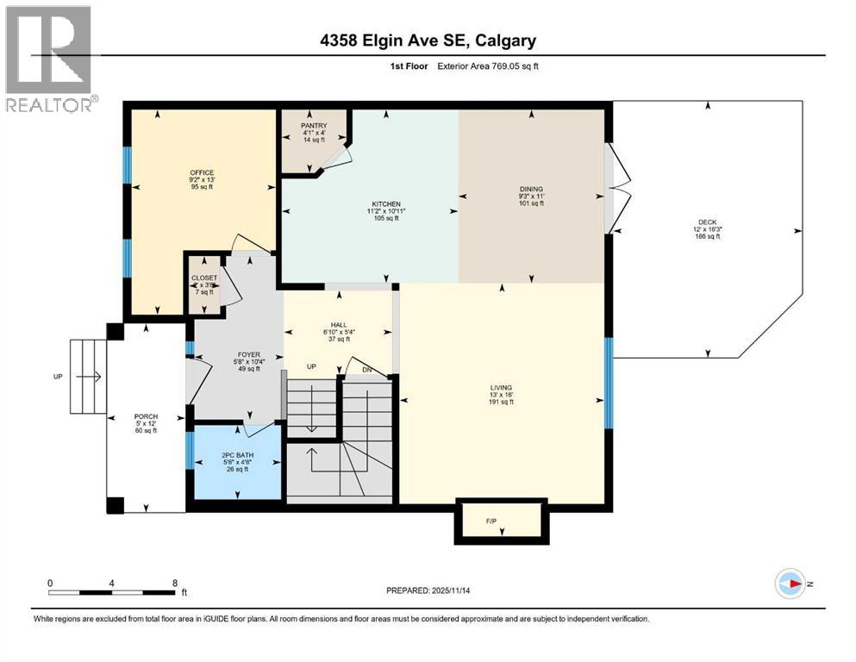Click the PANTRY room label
click(x=314, y=126)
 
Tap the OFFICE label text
click(x=202, y=173)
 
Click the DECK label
click(x=707, y=222)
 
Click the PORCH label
click(x=146, y=417)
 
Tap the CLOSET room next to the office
click(x=205, y=284)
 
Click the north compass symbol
click(x=791, y=584)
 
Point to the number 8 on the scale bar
click(x=175, y=583)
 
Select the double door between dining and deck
click(x=614, y=188)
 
